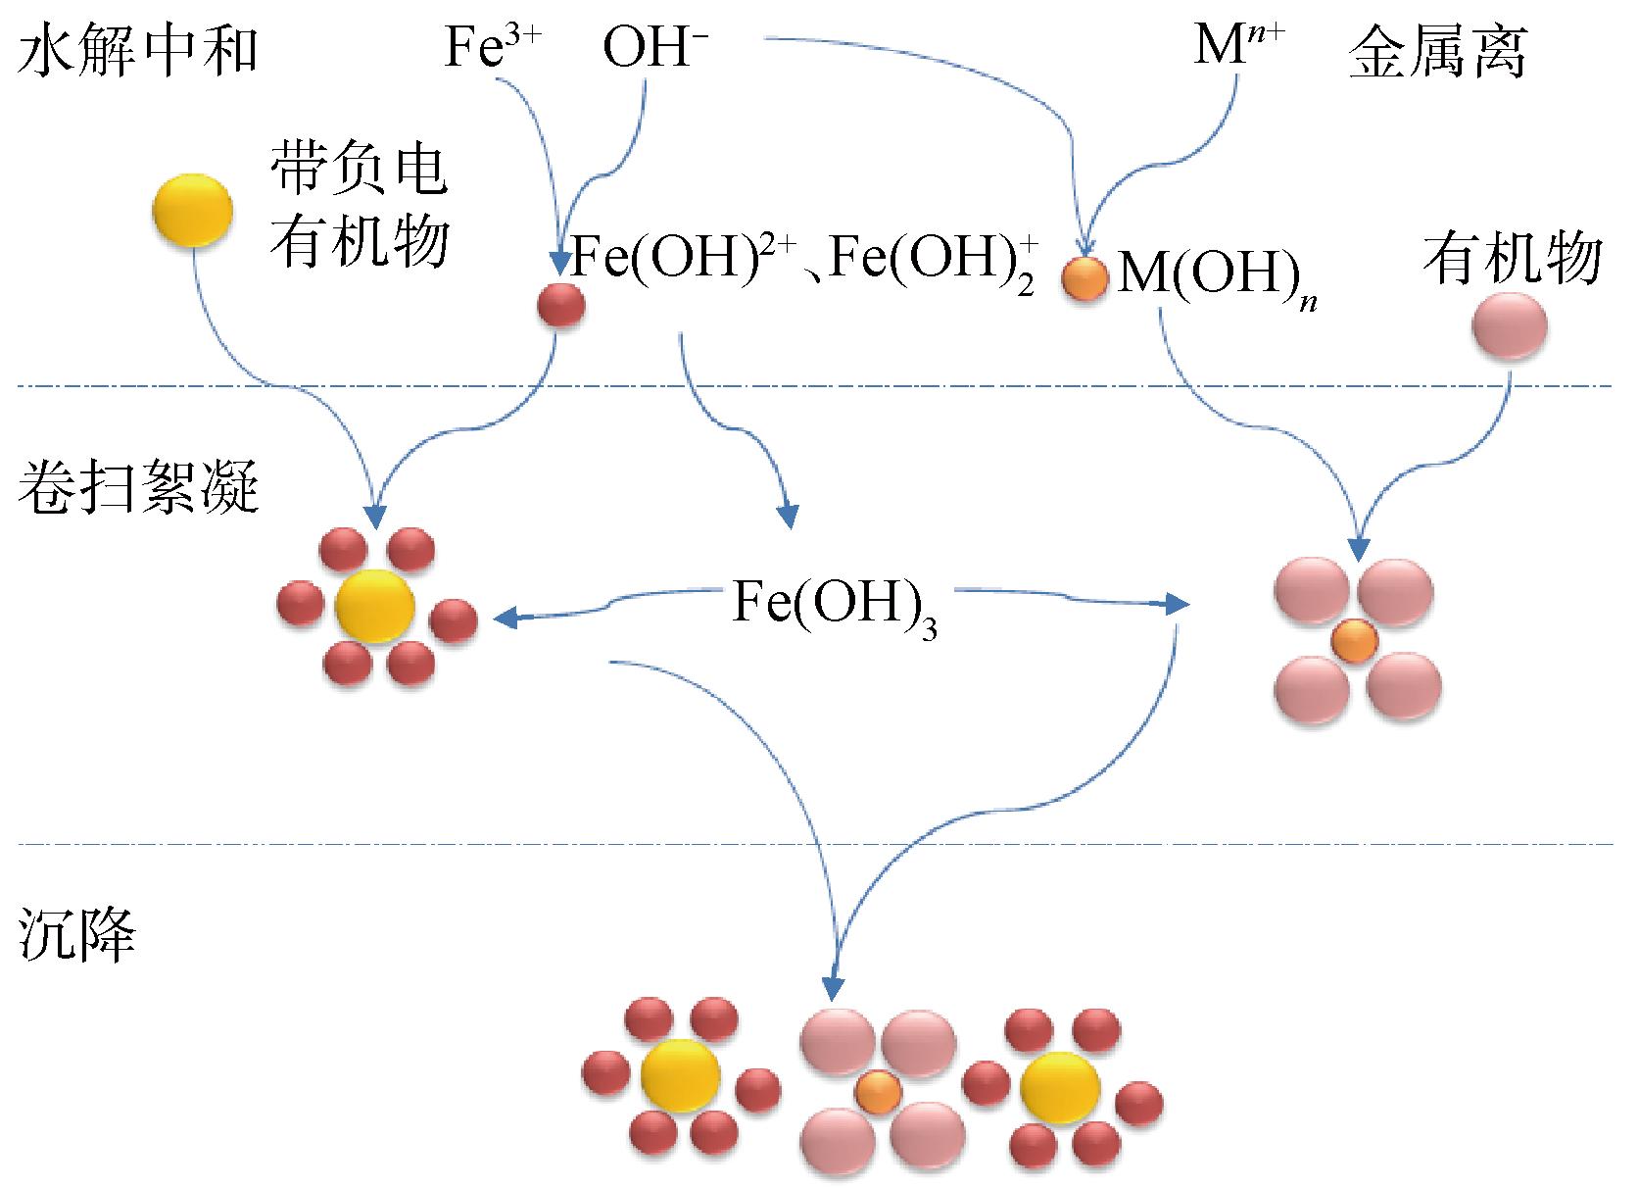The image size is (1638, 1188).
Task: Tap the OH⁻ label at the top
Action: tap(654, 47)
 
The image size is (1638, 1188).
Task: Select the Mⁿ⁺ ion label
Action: tap(1238, 45)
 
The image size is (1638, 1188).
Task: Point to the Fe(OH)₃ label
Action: tap(834, 605)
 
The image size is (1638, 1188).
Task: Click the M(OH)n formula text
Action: tap(1216, 275)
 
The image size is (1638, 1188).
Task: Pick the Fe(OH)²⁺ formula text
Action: tap(683, 258)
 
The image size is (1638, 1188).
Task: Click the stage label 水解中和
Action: tap(137, 51)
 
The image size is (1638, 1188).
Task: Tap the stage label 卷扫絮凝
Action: tap(137, 486)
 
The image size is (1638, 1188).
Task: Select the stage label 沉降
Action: tap(76, 933)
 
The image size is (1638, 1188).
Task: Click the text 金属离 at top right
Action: tap(1437, 52)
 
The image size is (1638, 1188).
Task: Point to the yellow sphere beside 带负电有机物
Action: tap(192, 210)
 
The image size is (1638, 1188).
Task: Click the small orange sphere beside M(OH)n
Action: tap(1084, 278)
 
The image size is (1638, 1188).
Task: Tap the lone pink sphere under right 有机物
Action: tap(1509, 326)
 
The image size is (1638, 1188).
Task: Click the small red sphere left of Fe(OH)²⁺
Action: tap(561, 305)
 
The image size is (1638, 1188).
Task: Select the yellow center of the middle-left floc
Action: tap(374, 607)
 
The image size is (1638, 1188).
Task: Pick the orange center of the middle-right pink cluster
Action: tap(1354, 642)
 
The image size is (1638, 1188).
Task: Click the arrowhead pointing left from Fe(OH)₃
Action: tap(506, 618)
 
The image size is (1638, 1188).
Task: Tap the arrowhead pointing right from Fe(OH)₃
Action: tap(1178, 604)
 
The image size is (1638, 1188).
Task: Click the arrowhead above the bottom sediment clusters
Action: tap(834, 987)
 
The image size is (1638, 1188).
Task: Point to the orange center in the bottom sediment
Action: tap(878, 1092)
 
